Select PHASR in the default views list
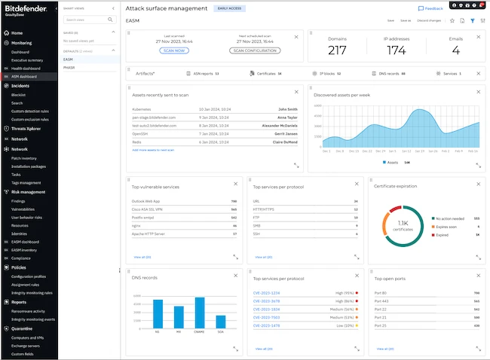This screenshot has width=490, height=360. (x=69, y=67)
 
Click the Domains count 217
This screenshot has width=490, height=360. (x=337, y=50)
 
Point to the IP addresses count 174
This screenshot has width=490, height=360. (x=396, y=50)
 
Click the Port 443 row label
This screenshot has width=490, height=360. (x=381, y=301)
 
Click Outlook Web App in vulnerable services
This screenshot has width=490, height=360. (x=145, y=201)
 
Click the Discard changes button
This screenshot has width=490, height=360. (x=429, y=20)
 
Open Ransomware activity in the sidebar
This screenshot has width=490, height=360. (x=29, y=311)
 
